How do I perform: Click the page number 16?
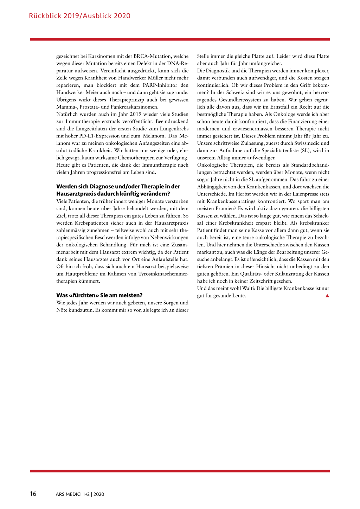pos(33,494)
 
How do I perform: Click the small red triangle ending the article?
pos(327,296)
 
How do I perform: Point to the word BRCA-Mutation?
pos(152,56)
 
